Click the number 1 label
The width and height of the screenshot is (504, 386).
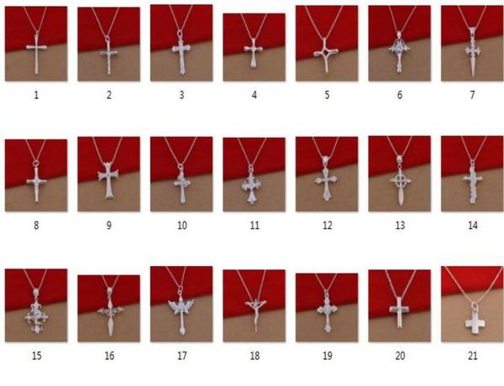click(36, 95)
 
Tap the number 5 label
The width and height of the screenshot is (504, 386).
click(327, 95)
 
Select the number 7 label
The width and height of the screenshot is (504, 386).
click(472, 95)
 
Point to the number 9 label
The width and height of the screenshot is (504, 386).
click(109, 225)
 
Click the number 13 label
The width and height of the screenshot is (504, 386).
click(400, 225)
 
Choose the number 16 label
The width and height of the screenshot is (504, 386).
click(109, 355)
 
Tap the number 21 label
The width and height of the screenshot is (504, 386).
click(472, 355)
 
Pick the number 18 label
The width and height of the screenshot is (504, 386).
click(255, 355)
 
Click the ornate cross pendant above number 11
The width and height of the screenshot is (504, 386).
click(254, 184)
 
